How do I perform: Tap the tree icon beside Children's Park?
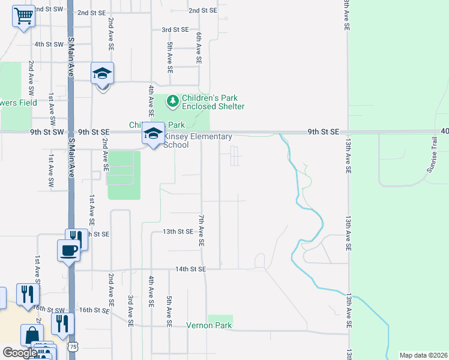[x=172, y=101]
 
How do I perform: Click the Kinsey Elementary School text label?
[x=197, y=140]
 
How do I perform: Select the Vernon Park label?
[x=209, y=326]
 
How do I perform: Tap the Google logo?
[x=19, y=353]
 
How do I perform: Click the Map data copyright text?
[x=423, y=355]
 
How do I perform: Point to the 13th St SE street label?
[x=178, y=232]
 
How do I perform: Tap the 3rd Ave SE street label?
[x=130, y=311]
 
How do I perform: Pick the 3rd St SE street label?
[x=175, y=29]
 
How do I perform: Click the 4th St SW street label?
[x=49, y=44]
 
